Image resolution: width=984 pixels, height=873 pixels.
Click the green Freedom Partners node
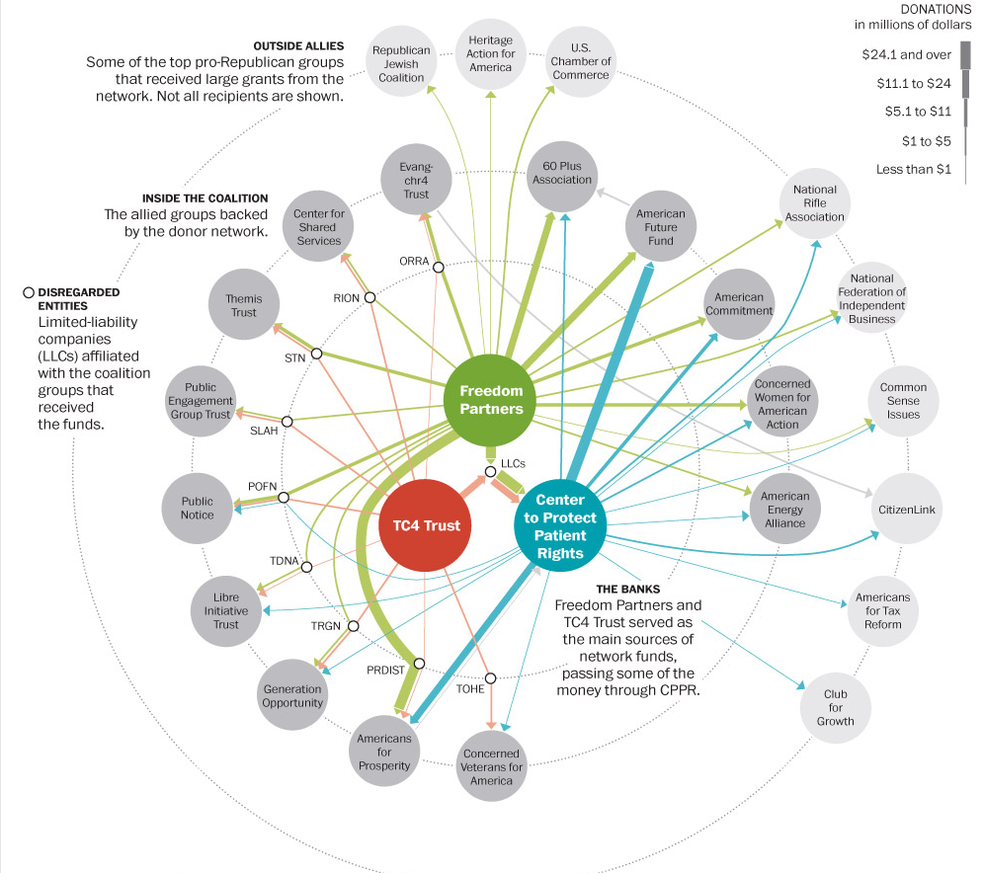click(491, 400)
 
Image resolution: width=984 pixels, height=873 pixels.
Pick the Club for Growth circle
click(835, 707)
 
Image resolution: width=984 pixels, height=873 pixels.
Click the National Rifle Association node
click(815, 202)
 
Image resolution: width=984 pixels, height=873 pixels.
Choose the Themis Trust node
click(243, 305)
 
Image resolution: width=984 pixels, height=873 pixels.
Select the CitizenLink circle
click(906, 510)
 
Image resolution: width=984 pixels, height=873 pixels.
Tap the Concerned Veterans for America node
click(491, 766)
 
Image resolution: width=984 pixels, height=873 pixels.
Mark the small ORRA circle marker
click(439, 266)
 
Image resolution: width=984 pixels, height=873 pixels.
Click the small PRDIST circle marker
click(420, 664)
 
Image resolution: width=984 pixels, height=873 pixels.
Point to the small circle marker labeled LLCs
click(491, 472)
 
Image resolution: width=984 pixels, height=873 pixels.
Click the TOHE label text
click(469, 688)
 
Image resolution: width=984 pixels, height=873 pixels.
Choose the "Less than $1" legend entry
click(914, 170)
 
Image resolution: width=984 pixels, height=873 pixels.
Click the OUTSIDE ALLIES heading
click(297, 45)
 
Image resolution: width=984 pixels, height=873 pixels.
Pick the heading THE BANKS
click(627, 589)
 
